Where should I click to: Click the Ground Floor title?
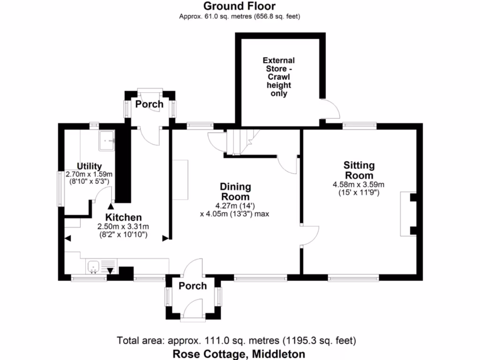coord(239,6)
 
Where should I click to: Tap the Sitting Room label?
coord(359,170)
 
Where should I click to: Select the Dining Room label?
coord(235,192)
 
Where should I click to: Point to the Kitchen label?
coord(123,217)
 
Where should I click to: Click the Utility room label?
coord(89,166)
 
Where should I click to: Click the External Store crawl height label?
coord(278,77)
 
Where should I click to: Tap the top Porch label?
coord(149,104)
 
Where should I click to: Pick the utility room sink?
coord(107,140)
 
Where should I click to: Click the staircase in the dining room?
coord(239,141)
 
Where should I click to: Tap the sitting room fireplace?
coord(407,214)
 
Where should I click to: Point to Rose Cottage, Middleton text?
coord(239,354)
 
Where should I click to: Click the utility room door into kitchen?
coord(102,195)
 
